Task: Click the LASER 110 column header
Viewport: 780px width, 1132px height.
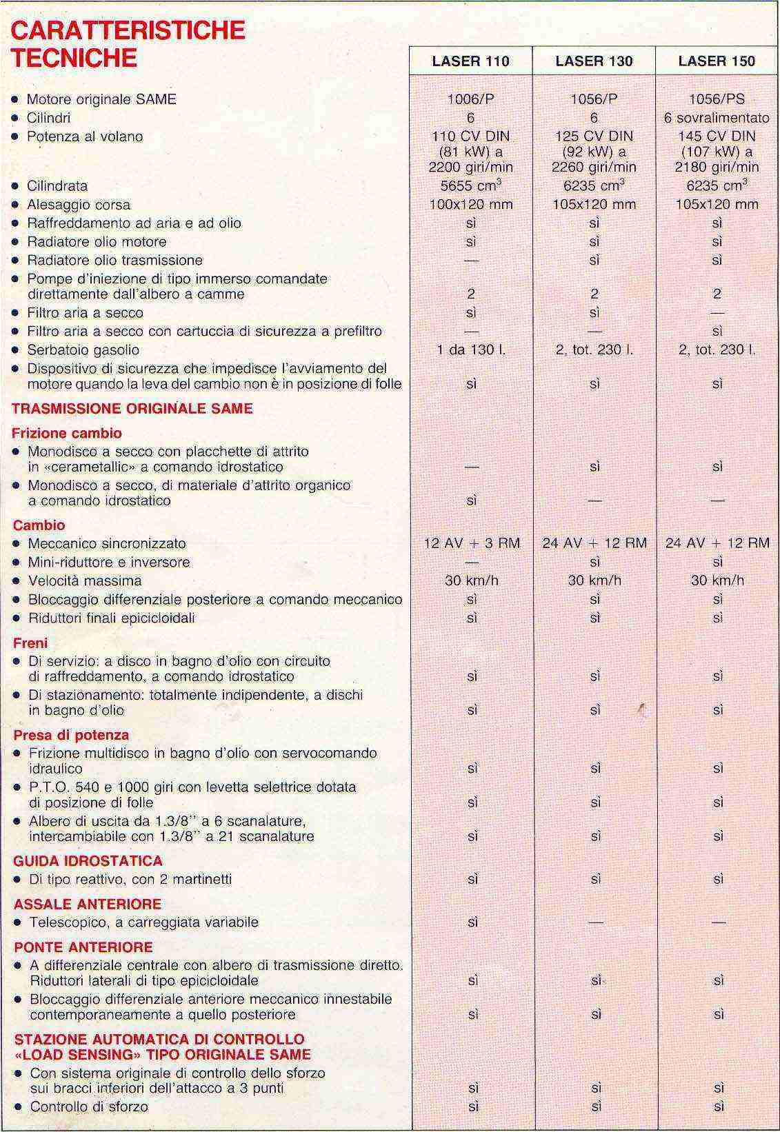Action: (470, 61)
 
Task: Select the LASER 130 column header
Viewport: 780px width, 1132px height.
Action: (594, 61)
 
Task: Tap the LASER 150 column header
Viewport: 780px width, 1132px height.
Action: (717, 61)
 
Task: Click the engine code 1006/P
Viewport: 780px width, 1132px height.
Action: (470, 99)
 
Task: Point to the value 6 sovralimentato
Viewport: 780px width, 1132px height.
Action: (717, 118)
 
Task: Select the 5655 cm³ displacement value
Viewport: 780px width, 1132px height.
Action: (470, 186)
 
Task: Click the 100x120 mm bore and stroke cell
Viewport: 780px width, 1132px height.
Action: (470, 205)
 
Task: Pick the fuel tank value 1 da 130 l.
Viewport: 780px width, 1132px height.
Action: (470, 350)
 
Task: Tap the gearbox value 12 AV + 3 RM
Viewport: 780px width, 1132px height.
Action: (472, 543)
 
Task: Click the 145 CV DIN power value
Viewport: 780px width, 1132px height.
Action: (717, 137)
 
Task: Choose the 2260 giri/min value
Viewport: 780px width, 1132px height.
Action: (594, 168)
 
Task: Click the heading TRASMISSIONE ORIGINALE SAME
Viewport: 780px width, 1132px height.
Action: (132, 409)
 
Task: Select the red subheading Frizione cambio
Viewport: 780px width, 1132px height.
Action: (67, 434)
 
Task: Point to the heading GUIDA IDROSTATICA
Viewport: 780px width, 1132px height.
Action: (88, 861)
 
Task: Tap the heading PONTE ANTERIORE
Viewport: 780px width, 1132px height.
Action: (83, 947)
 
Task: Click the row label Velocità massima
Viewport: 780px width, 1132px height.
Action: (85, 581)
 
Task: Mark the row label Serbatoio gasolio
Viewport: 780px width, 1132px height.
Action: (83, 350)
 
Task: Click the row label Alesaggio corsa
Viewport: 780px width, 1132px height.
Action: (79, 205)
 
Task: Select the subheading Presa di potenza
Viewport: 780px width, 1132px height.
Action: (71, 735)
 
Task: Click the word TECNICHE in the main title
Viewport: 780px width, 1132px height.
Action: (74, 58)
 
